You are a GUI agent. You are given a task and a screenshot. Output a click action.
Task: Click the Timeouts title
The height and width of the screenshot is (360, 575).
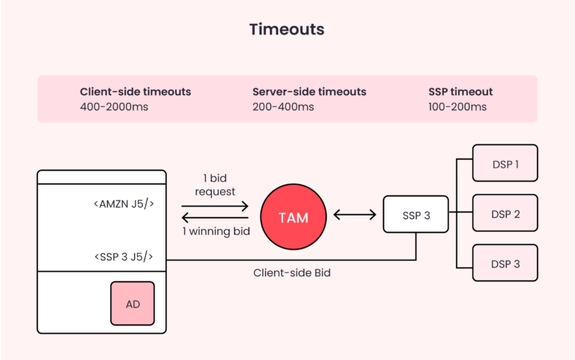click(x=287, y=29)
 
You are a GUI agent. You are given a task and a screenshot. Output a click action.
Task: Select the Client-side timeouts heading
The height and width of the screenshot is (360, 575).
click(x=136, y=91)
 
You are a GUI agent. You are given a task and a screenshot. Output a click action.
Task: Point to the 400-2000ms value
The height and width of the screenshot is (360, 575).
click(x=114, y=107)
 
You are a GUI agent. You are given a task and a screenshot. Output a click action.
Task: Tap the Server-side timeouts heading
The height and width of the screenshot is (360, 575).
click(x=309, y=91)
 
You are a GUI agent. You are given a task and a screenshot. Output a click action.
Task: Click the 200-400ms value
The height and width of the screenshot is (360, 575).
click(x=283, y=107)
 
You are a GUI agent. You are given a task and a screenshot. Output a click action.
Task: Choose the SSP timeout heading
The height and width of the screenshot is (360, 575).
click(x=460, y=91)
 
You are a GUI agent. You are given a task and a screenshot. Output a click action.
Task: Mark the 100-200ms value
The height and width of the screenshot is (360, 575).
click(x=457, y=107)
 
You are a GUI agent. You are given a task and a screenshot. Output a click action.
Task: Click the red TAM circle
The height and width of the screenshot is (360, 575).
click(x=293, y=217)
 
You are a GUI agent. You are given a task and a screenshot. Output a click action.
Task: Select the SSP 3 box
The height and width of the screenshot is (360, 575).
click(x=416, y=215)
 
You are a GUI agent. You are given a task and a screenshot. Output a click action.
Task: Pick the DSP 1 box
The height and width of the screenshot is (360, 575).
click(x=505, y=163)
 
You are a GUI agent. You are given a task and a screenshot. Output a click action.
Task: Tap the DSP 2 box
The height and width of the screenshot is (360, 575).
click(x=505, y=213)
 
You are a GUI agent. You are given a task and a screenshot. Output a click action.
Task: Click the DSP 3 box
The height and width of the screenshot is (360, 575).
click(x=505, y=263)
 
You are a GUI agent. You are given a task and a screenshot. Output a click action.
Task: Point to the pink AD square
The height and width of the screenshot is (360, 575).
click(x=133, y=303)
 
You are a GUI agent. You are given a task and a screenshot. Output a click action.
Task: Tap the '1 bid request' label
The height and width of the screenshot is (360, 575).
click(x=215, y=186)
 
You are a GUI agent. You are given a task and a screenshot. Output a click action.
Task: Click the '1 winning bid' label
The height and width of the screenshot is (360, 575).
click(x=216, y=231)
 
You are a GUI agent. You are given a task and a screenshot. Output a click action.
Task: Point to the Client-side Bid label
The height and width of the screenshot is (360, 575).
click(x=292, y=273)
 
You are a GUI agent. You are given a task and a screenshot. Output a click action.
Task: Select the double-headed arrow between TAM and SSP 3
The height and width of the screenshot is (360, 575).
click(x=355, y=216)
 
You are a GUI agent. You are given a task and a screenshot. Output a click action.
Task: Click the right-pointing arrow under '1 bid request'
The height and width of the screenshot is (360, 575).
click(x=216, y=204)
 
